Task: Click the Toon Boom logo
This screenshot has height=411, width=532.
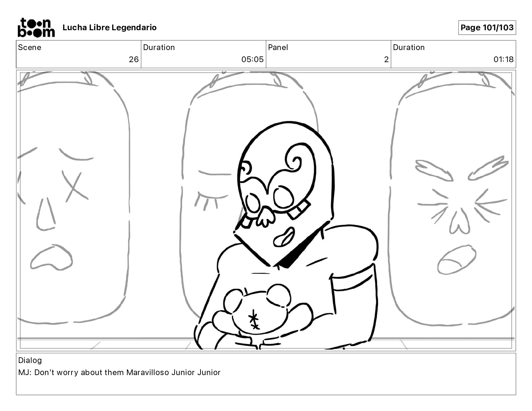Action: pos(36,28)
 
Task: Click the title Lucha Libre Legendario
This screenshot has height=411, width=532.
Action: pos(109,28)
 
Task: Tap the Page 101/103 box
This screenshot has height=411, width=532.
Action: pos(487,28)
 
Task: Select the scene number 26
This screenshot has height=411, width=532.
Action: pos(134,59)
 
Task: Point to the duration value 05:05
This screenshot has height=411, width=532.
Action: pos(253,59)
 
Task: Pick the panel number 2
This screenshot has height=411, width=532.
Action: pos(386,59)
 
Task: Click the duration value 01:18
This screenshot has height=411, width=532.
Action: pos(503,59)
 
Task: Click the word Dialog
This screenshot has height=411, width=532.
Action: pos(30,360)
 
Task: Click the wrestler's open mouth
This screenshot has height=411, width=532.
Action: pos(284,237)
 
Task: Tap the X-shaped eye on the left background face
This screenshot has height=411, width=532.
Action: pos(75,186)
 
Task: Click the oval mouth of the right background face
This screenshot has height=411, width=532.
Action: pos(457,260)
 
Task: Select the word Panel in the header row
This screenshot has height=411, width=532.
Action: pos(278,47)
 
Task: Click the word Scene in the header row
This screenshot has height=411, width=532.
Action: pos(30,47)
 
